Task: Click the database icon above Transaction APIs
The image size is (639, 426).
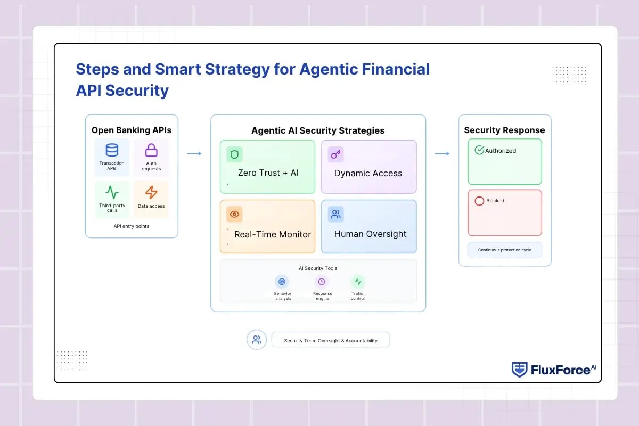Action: [x=112, y=150]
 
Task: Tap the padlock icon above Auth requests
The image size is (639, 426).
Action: [x=151, y=150]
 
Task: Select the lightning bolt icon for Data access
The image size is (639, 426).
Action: [x=151, y=192]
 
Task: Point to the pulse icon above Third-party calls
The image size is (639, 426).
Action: [x=112, y=192]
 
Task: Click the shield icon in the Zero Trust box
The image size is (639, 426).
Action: [x=234, y=154]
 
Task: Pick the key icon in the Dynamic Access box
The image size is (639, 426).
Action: [x=336, y=154]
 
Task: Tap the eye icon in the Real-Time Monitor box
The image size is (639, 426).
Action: [x=234, y=214]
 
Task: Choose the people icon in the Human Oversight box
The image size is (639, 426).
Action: [x=336, y=214]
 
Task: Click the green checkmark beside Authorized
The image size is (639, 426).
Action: [x=479, y=150]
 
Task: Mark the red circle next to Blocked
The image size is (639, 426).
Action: [x=479, y=201]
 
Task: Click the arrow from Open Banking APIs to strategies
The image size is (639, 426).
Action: [x=194, y=153]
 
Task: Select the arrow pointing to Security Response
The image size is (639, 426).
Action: [x=442, y=153]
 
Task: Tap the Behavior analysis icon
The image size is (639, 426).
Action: [x=282, y=282]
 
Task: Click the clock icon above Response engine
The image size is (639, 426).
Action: [x=322, y=282]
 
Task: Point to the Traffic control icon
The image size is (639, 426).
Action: [x=358, y=282]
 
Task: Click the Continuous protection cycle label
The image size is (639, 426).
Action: [x=505, y=250]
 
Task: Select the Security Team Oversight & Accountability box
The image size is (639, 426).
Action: [x=331, y=340]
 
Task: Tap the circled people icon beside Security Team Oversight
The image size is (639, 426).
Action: [x=257, y=340]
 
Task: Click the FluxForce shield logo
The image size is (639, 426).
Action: [x=519, y=370]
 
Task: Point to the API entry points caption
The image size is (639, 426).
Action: [x=132, y=226]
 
